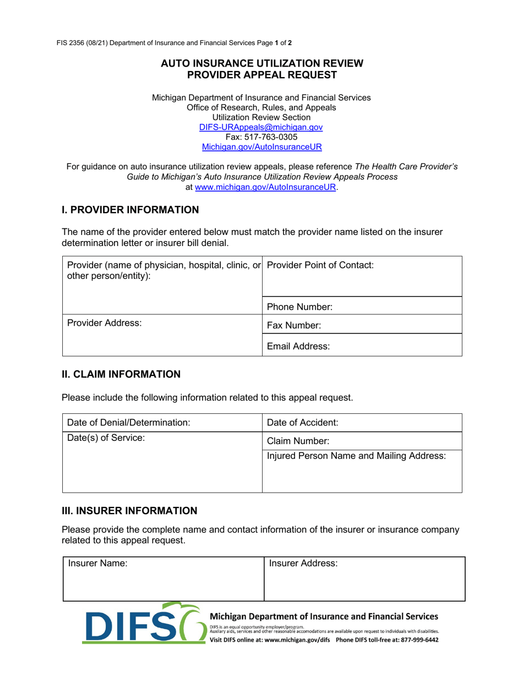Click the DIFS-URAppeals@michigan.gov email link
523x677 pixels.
(x=261, y=127)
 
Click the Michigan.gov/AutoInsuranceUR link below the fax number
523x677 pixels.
(x=261, y=147)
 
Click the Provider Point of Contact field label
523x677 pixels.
(x=320, y=265)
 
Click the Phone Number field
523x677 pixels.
(x=362, y=306)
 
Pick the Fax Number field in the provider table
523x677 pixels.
(x=362, y=325)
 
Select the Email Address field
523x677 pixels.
(x=362, y=346)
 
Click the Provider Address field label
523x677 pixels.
(x=104, y=324)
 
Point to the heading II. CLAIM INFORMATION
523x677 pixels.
(x=121, y=374)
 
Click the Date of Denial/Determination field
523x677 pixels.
(x=162, y=423)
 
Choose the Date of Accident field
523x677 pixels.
(x=362, y=423)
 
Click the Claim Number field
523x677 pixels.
(x=362, y=441)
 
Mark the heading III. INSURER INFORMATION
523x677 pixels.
(x=129, y=511)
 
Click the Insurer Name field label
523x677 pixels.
(x=97, y=564)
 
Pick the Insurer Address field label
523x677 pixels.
(x=303, y=564)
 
